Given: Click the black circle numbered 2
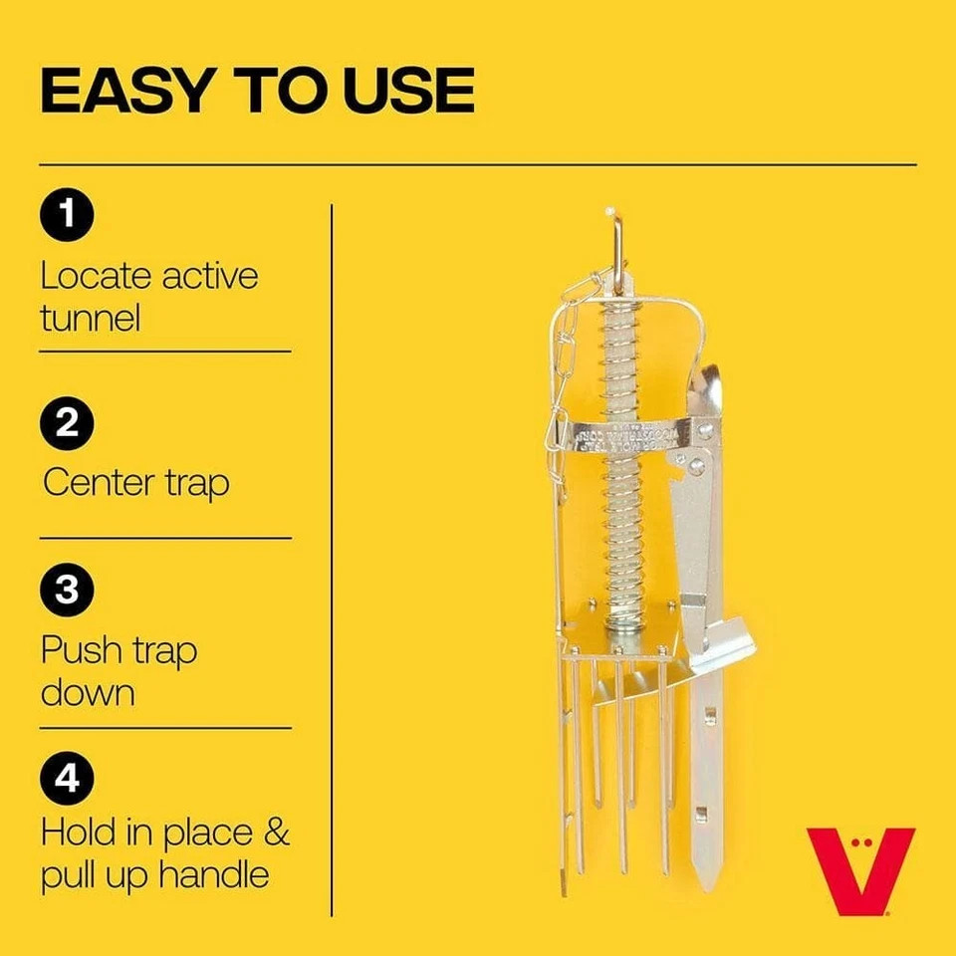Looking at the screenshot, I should (x=67, y=424).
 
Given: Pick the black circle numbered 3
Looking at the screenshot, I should (x=67, y=591).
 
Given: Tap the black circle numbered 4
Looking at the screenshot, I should (x=67, y=779).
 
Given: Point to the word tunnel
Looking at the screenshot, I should (x=91, y=319).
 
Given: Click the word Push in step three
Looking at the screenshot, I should (x=77, y=651).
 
